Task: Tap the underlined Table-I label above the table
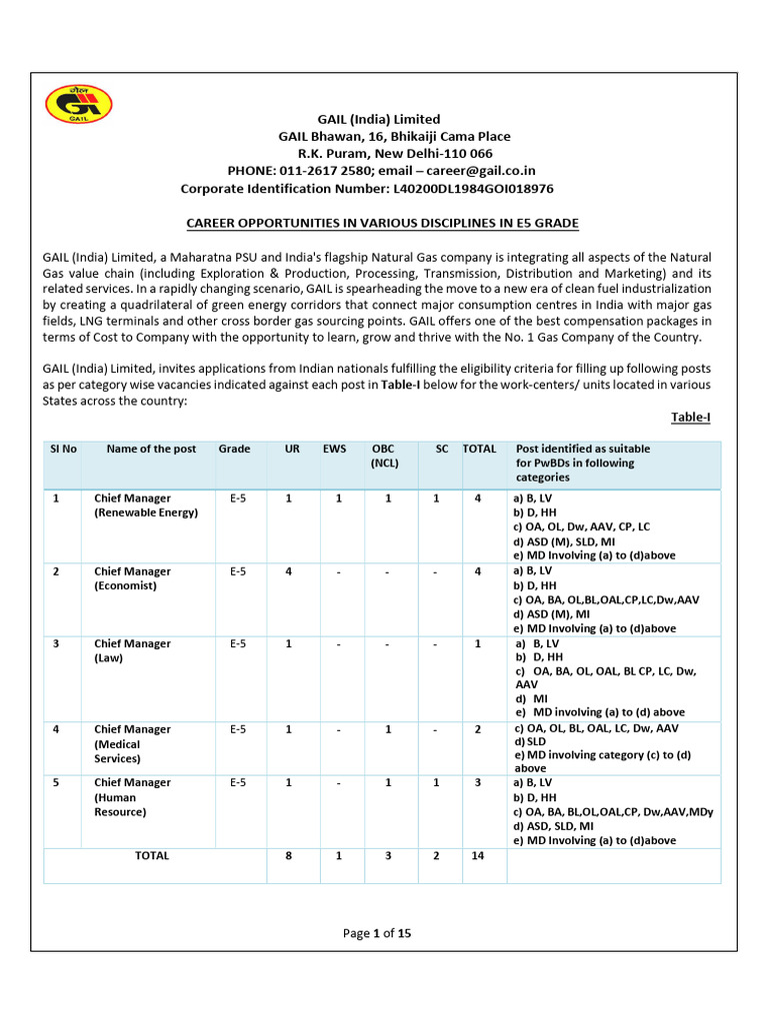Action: [690, 417]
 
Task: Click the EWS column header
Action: [334, 450]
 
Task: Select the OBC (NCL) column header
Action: [385, 456]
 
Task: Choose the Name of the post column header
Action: [151, 450]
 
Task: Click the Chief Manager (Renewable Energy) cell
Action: [146, 506]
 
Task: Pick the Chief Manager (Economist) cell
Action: [132, 578]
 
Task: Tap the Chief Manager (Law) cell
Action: [132, 651]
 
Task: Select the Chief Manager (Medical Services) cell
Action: [132, 744]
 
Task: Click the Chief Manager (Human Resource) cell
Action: [132, 797]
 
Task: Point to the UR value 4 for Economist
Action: [289, 571]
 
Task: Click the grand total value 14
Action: [477, 856]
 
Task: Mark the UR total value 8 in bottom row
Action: [289, 856]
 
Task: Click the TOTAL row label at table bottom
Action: [152, 856]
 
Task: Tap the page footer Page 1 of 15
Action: [377, 933]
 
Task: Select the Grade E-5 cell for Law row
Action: [237, 644]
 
